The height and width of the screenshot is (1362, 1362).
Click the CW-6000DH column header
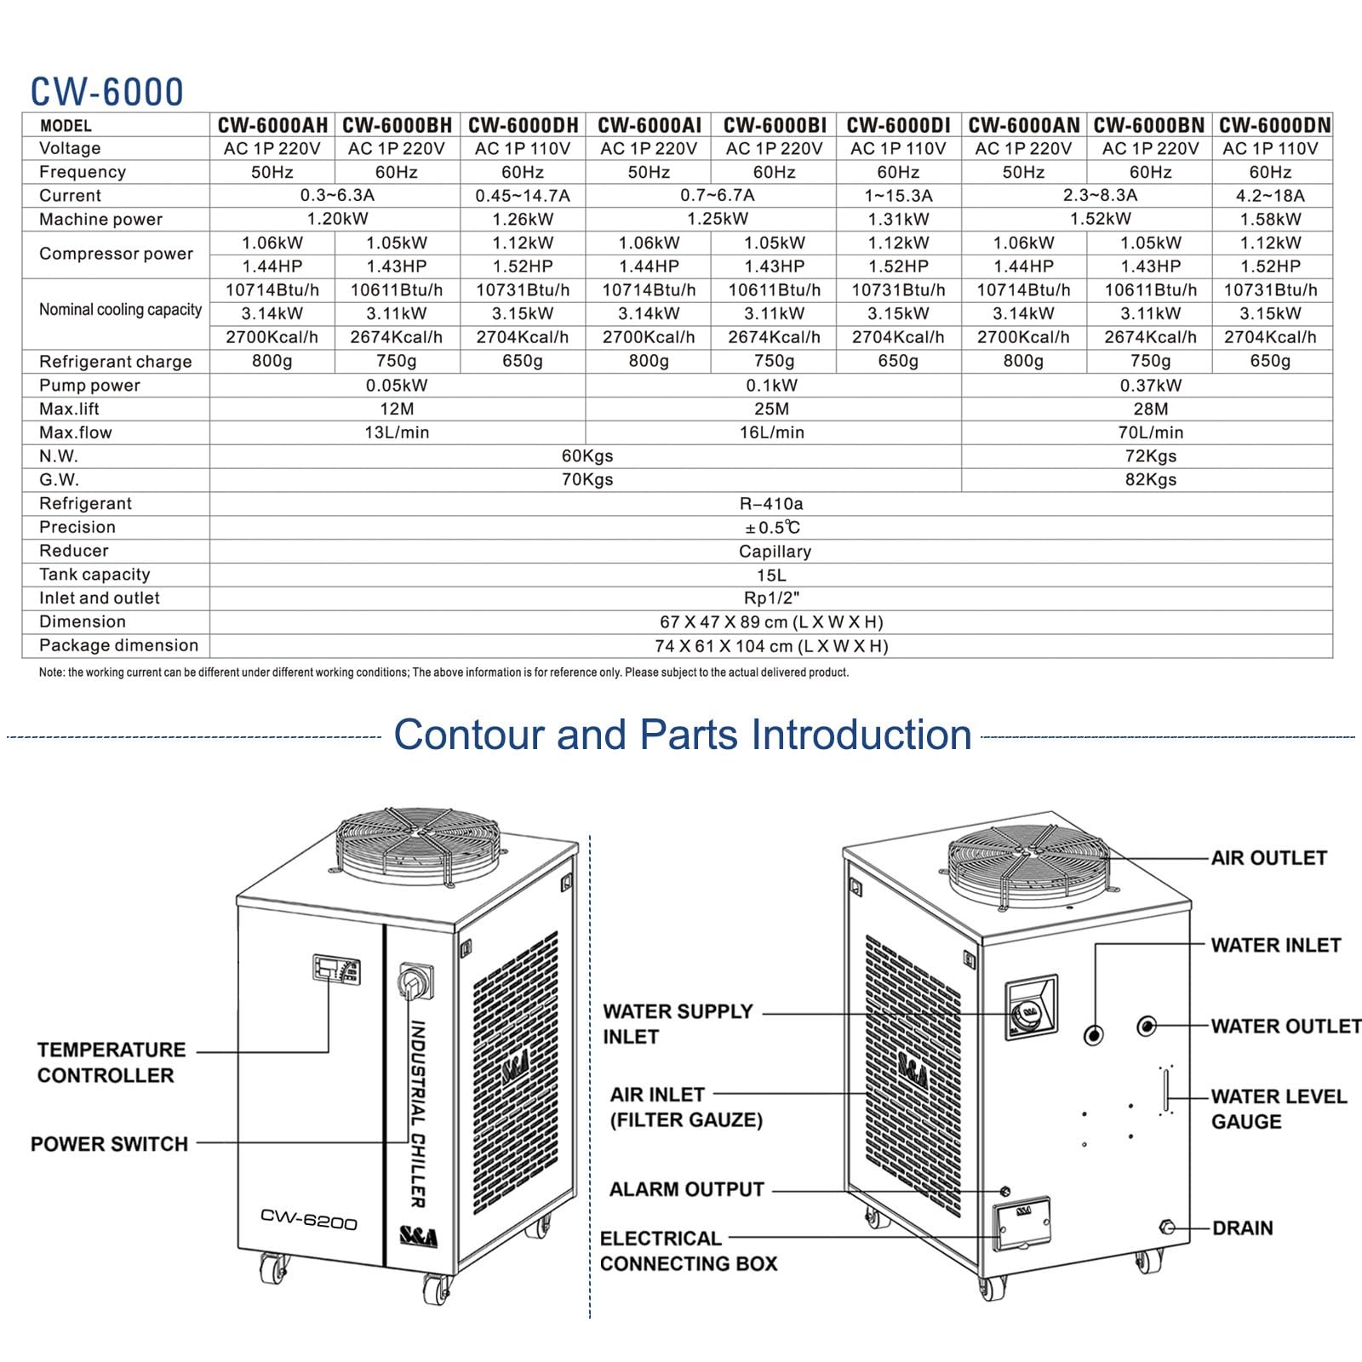tap(523, 125)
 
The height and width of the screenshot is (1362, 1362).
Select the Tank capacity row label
tap(94, 575)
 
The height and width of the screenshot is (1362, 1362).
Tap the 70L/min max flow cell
tap(1150, 432)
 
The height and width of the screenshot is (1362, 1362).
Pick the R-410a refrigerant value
tap(771, 503)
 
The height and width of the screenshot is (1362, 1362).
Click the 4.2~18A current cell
tap(1270, 196)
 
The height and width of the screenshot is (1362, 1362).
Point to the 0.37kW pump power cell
tap(1150, 386)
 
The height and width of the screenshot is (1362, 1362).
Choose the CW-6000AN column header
tap(1024, 125)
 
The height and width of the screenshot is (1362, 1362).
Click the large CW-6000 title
tap(107, 92)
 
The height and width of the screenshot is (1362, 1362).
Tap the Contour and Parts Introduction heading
tap(683, 735)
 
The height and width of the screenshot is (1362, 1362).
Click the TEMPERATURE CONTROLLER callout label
tap(111, 1062)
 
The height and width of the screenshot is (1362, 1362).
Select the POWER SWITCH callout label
tap(109, 1144)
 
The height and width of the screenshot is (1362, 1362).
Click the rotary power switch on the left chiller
tap(415, 982)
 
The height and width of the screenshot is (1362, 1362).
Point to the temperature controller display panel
tap(336, 969)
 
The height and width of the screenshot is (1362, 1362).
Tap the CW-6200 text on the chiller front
tap(308, 1219)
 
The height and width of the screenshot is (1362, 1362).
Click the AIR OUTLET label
tap(1269, 858)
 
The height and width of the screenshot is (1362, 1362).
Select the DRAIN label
tap(1243, 1228)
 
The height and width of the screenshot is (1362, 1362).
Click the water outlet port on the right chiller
tap(1147, 1026)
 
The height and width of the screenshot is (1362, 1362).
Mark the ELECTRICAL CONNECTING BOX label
tap(689, 1251)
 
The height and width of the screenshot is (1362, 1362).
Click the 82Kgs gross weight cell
tap(1150, 480)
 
